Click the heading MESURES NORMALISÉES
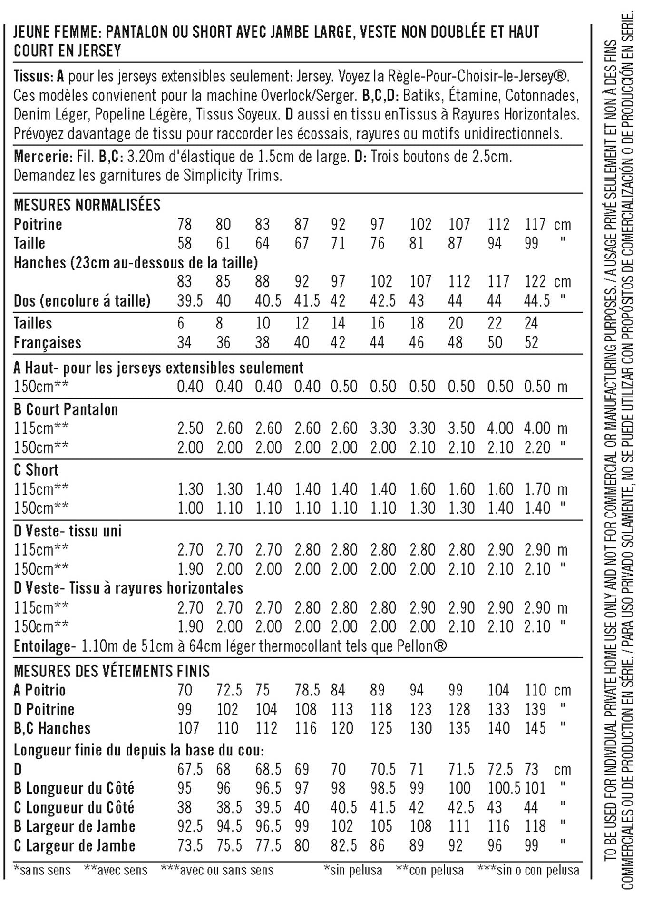point(87,205)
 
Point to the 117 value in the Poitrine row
point(536,224)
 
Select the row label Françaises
point(47,342)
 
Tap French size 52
point(531,342)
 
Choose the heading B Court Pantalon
point(66,409)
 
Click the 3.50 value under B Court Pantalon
point(461,428)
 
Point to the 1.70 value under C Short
point(537,489)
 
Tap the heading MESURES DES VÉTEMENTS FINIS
point(111,671)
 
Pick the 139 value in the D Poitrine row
point(535,709)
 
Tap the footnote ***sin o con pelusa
point(528,871)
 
